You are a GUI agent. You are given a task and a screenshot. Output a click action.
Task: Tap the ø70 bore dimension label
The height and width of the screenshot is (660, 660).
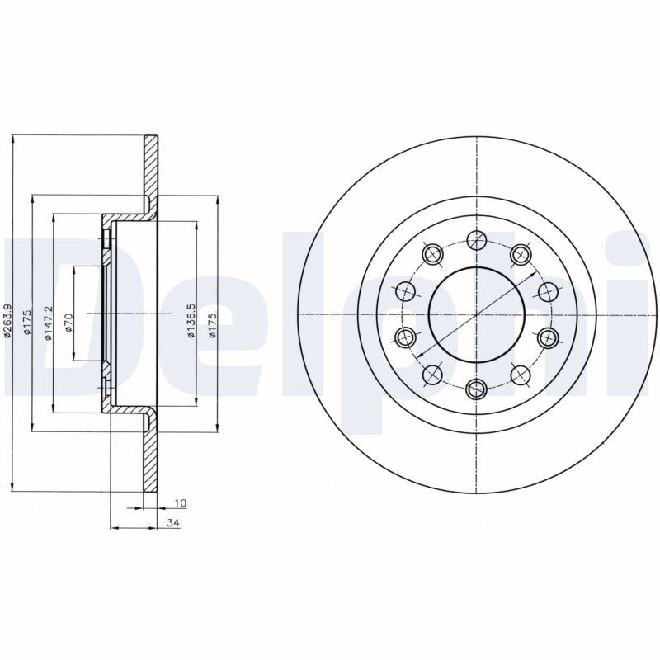point(69,322)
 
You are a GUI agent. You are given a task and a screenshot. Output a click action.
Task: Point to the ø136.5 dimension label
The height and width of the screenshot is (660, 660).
point(191,320)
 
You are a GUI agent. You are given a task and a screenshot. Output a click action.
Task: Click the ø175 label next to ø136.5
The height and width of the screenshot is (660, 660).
point(212,324)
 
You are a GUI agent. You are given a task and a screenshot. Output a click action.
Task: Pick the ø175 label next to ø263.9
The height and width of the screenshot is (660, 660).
point(26,323)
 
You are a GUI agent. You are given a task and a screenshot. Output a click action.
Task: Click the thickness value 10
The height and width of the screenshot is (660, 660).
point(180,503)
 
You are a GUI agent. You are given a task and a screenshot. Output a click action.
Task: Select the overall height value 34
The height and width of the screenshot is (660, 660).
point(173,523)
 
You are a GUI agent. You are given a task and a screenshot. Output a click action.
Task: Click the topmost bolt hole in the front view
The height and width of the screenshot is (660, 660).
point(477,240)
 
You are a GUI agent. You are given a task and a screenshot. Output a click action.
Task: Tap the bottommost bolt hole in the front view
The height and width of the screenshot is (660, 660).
point(477,389)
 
